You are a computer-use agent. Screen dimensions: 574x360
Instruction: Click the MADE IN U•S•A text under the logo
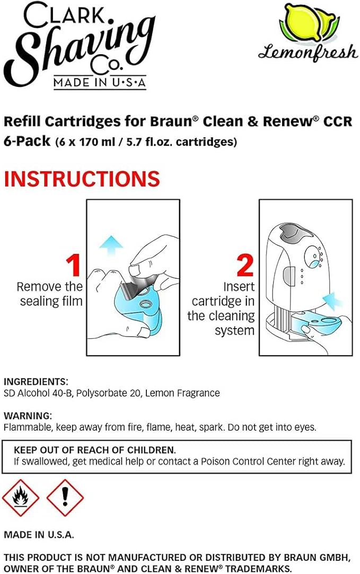100,83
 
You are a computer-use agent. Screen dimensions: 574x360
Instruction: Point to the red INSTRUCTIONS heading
82,179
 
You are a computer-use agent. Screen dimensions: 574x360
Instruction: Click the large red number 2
244,266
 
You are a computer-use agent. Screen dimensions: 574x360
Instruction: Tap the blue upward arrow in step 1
111,244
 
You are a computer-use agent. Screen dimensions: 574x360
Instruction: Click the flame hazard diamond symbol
21,498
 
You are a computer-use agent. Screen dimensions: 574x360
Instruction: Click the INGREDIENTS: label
36,382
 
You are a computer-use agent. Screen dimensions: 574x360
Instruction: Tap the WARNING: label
28,416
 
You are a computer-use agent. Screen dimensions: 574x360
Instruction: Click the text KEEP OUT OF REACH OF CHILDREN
95,449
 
